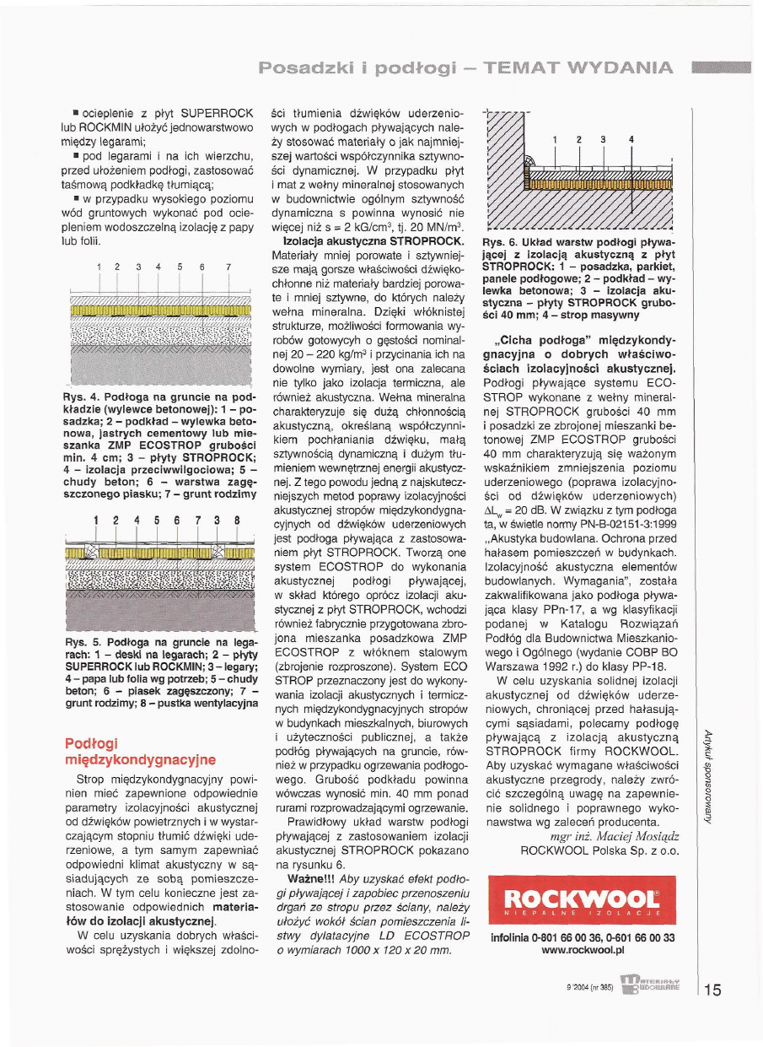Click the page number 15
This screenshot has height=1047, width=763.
(712, 990)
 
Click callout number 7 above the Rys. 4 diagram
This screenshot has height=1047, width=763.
(228, 267)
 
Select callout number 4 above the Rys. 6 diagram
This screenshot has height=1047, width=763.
(631, 138)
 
